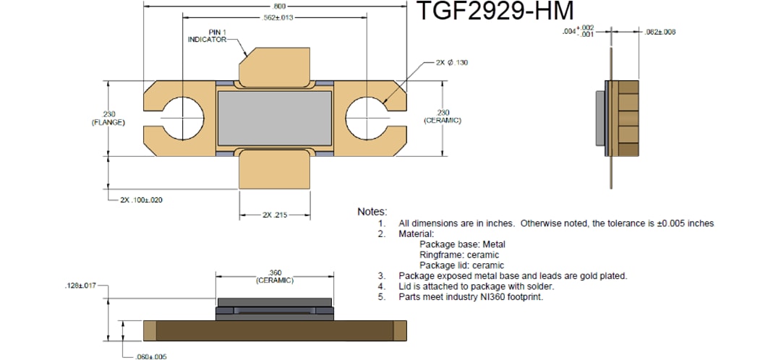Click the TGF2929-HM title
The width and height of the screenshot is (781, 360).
(495, 12)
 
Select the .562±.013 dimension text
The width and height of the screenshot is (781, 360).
(275, 17)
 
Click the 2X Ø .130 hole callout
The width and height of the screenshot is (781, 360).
(452, 63)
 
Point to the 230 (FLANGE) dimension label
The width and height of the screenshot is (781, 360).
(108, 117)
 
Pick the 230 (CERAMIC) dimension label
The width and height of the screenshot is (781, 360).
(443, 116)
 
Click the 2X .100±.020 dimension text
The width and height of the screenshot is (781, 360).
(141, 200)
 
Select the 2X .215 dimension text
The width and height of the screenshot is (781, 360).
(275, 215)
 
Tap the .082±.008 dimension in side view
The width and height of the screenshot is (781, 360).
(660, 32)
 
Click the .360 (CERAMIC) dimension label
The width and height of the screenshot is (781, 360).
(275, 277)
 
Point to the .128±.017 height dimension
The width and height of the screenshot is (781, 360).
(80, 286)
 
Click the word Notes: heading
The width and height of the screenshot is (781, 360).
(372, 212)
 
